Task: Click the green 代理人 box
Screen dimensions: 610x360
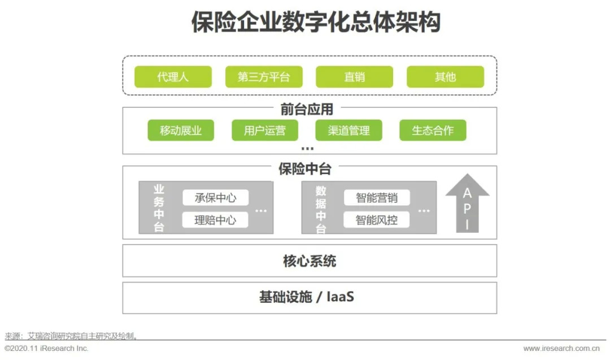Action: [173, 77]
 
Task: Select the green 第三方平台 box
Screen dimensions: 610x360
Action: [264, 77]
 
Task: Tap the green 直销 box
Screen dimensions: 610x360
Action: [354, 77]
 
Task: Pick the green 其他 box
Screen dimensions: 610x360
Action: [445, 77]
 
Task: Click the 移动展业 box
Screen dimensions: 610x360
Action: [180, 131]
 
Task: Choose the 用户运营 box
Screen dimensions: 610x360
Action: [265, 131]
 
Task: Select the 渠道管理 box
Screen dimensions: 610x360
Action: [348, 131]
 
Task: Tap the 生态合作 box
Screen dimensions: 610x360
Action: [433, 131]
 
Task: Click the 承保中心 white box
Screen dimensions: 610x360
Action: [215, 198]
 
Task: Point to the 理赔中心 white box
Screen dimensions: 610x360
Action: [215, 220]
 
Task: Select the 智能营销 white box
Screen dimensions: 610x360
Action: [377, 198]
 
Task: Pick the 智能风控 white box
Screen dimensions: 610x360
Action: [377, 220]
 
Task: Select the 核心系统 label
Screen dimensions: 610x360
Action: [310, 261]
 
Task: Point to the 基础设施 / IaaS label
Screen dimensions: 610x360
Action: [307, 297]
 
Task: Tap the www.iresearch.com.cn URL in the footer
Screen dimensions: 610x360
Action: [561, 349]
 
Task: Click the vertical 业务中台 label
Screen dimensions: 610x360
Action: [159, 208]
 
